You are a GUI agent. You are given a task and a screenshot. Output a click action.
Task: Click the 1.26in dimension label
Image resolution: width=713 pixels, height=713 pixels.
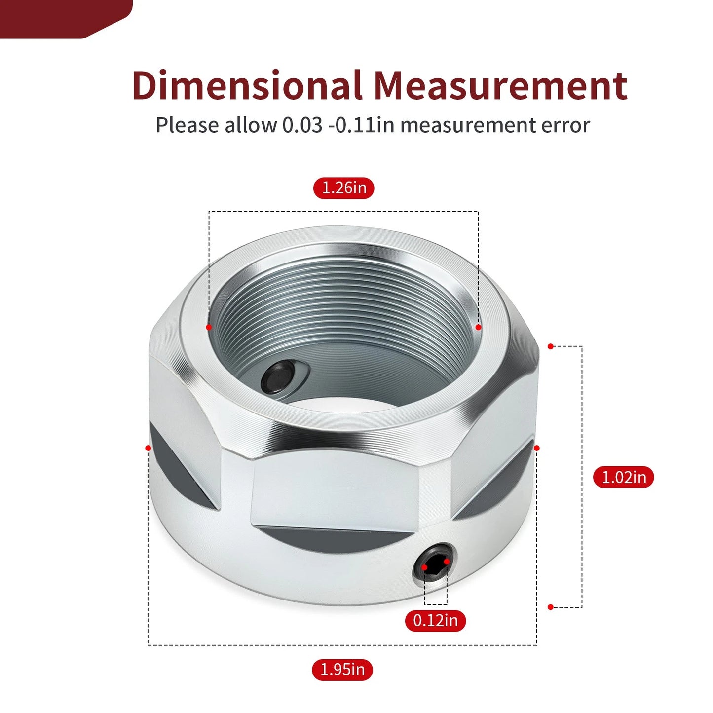(343, 188)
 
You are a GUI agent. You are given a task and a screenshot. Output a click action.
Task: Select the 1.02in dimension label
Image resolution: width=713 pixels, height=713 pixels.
(624, 477)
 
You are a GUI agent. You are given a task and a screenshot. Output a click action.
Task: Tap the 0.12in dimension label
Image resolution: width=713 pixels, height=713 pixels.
(435, 621)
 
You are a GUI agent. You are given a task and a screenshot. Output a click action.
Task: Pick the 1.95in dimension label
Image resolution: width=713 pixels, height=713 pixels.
(342, 670)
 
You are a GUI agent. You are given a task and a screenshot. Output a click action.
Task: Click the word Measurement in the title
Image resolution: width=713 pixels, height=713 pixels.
(501, 86)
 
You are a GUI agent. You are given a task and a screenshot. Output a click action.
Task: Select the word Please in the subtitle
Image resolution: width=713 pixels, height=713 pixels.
(188, 125)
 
